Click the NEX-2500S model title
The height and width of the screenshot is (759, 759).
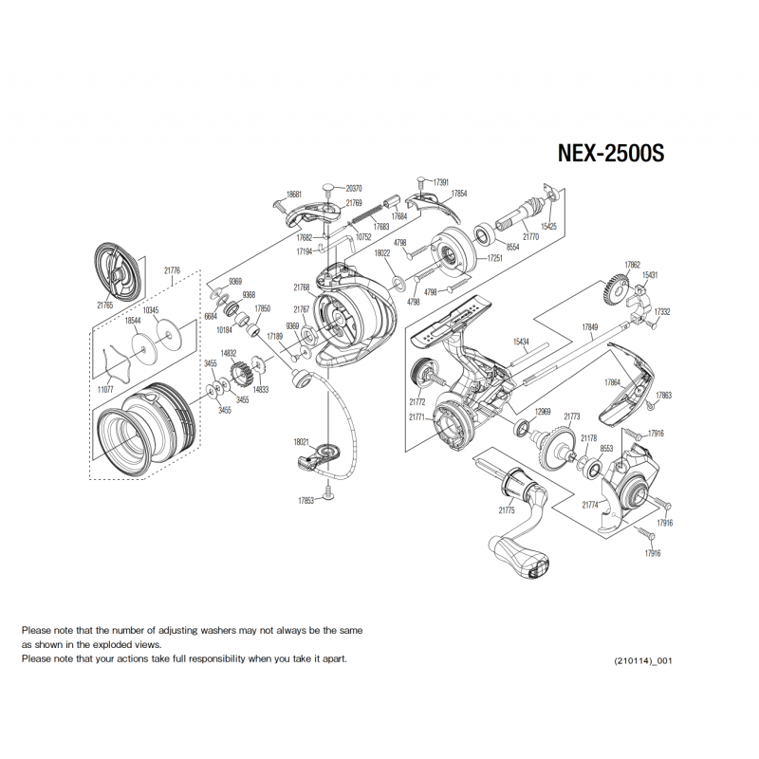click(611, 153)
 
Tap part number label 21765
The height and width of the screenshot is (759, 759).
click(105, 305)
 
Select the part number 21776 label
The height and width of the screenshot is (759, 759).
click(173, 270)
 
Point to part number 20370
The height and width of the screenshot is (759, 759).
click(354, 188)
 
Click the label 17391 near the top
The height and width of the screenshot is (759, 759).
click(440, 182)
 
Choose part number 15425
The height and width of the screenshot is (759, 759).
click(548, 226)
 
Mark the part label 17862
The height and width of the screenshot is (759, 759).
click(632, 265)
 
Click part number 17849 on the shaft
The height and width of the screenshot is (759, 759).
click(589, 326)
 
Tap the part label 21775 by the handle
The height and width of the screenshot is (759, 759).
click(507, 509)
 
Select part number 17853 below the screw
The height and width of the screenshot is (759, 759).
click(305, 501)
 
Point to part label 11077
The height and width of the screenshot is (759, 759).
click(105, 390)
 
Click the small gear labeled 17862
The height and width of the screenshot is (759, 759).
click(616, 290)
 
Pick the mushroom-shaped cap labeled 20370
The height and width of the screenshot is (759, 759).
click(328, 188)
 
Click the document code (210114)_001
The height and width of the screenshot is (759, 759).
click(643, 660)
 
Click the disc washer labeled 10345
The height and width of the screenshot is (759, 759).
click(169, 334)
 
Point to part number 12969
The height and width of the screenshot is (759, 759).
click(542, 412)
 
